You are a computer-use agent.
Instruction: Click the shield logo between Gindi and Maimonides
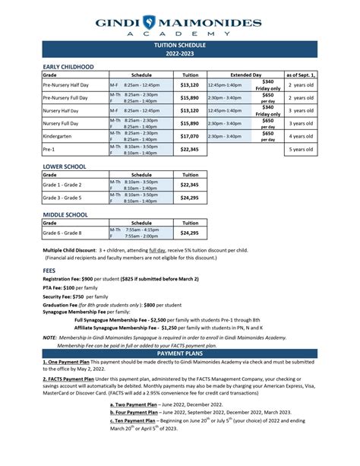[x=179, y=22]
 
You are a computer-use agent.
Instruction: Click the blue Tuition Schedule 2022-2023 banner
[x=180, y=50]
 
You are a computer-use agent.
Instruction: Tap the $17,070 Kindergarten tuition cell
[x=188, y=136]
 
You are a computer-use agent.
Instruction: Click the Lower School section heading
[x=64, y=166]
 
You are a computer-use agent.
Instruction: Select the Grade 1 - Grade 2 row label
[x=63, y=185]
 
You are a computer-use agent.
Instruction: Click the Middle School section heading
[x=65, y=215]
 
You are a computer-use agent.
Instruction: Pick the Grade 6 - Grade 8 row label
[x=63, y=233]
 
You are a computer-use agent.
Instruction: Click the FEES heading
[x=50, y=268]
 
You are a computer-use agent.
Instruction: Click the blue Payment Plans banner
[x=180, y=353]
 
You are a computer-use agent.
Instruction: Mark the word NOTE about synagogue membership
[x=49, y=337]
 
